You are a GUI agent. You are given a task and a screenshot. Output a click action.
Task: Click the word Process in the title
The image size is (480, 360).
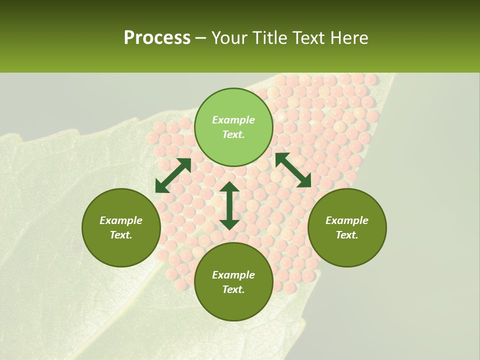point(157,38)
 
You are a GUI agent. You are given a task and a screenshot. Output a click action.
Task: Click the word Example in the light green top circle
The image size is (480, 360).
point(233,120)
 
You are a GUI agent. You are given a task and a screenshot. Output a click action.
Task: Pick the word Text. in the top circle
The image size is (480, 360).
point(233,134)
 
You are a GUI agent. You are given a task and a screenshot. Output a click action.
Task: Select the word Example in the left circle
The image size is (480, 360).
point(121,220)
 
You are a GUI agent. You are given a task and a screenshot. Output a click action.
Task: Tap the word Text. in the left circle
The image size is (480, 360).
point(121,235)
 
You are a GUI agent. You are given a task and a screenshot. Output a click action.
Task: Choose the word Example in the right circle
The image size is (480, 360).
point(347,220)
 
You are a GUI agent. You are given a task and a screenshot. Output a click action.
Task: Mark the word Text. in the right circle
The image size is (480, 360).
point(347,235)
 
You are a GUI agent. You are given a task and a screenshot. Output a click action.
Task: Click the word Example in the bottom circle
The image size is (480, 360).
point(233,275)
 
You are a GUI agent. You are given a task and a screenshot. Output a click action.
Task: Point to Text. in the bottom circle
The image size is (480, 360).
point(233,289)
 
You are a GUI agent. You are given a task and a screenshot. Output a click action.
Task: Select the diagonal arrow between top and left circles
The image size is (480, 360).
point(173,175)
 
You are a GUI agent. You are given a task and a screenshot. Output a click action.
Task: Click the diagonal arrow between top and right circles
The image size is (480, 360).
point(293,170)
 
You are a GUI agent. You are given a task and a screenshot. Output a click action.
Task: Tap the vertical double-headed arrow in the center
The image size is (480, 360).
point(229,205)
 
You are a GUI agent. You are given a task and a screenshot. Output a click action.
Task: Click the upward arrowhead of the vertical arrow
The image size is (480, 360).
point(229,187)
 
